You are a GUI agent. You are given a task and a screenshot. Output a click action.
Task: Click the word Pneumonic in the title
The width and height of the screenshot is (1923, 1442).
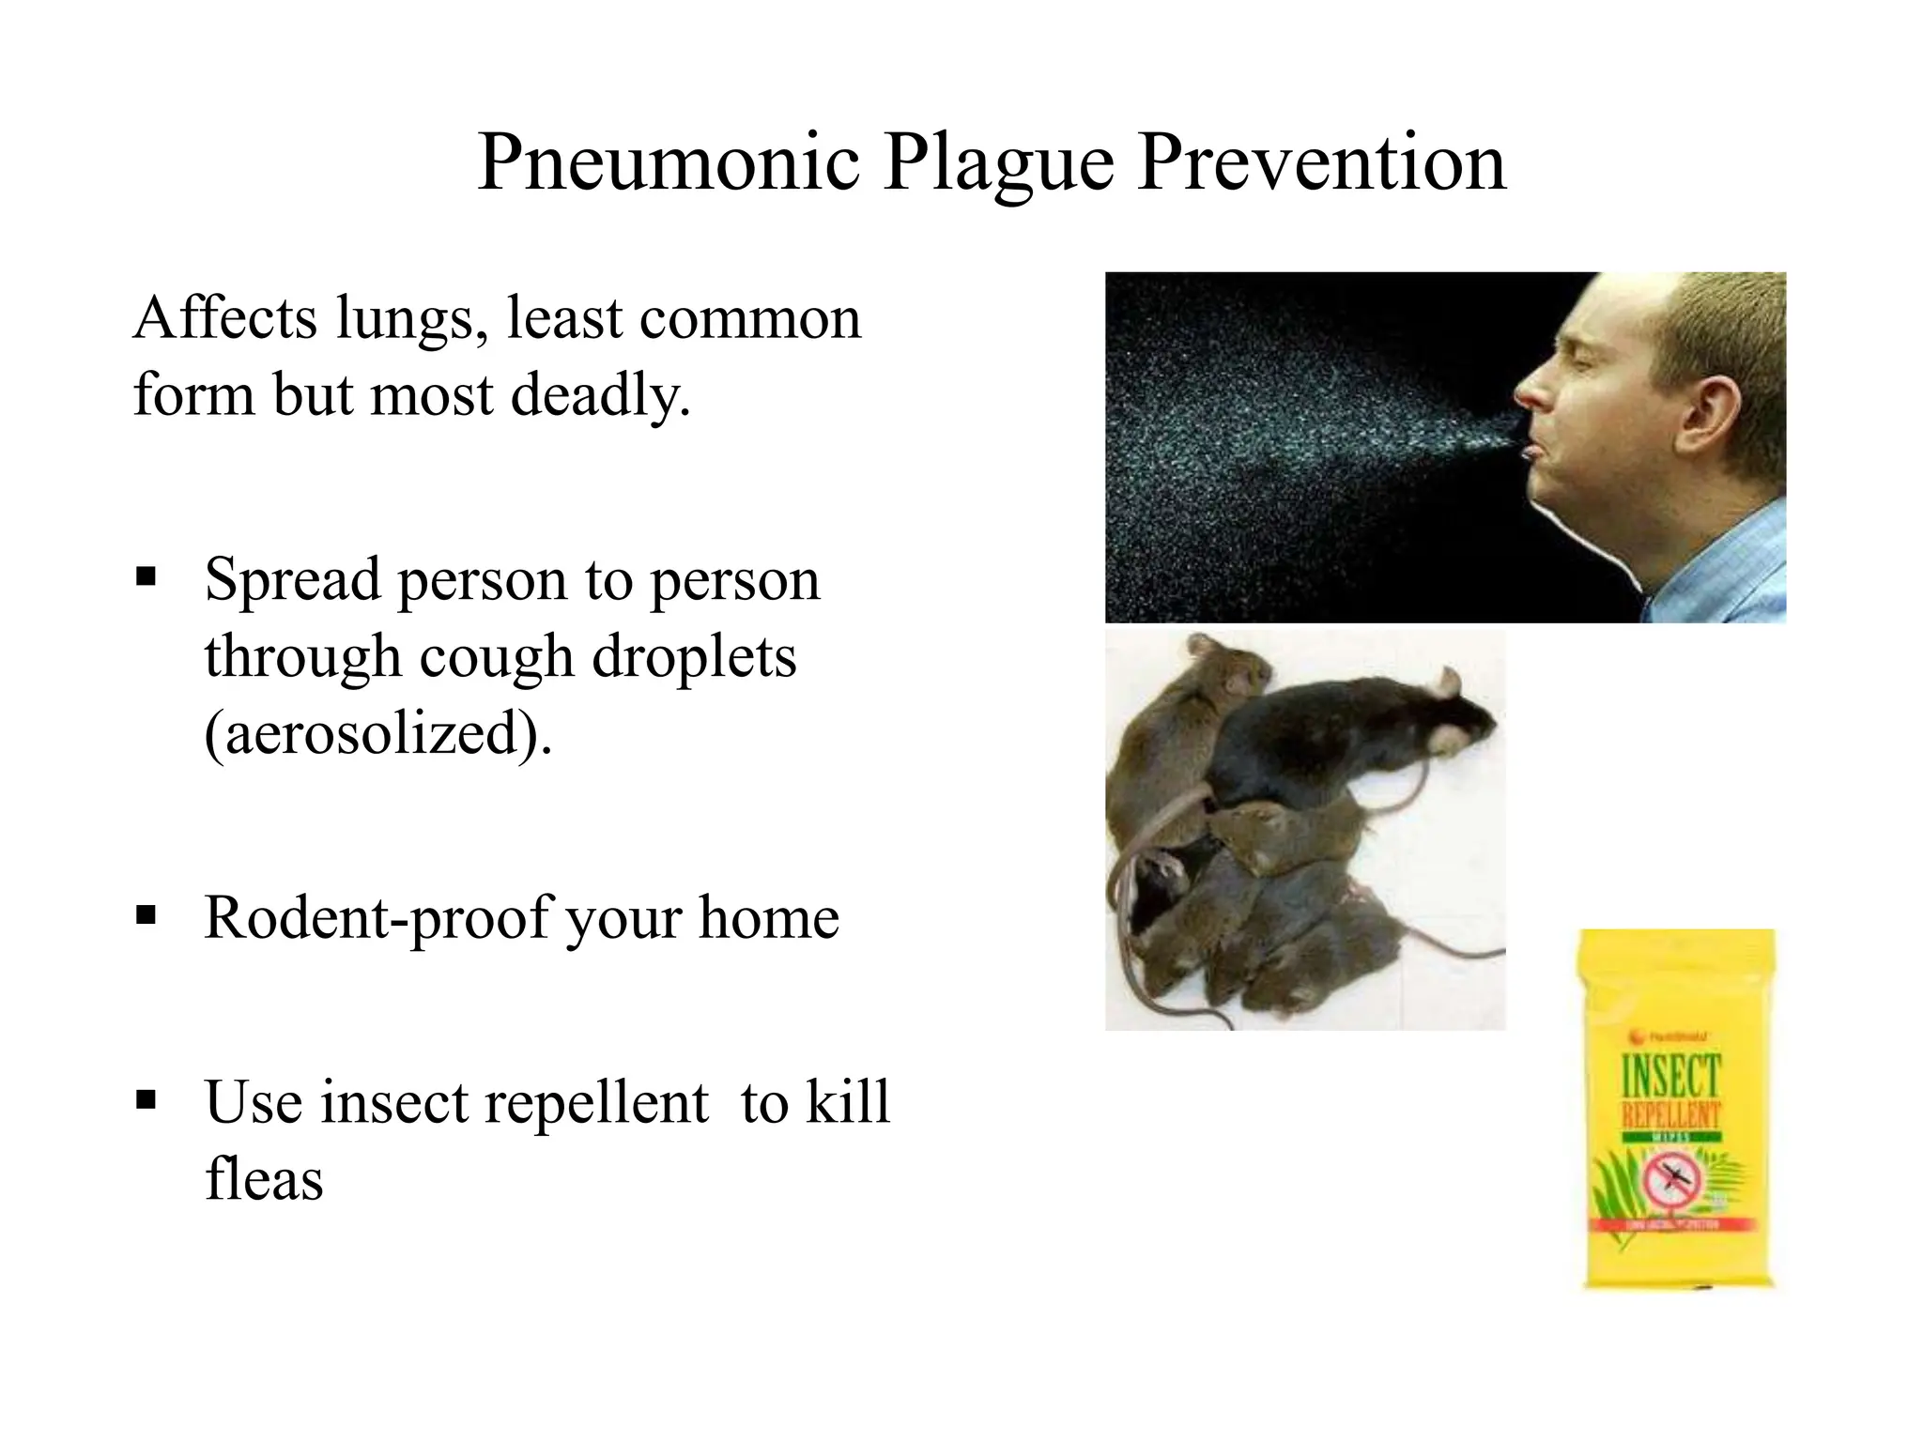[668, 163]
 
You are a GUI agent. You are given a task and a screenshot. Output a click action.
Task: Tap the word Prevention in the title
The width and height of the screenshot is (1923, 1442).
[1322, 163]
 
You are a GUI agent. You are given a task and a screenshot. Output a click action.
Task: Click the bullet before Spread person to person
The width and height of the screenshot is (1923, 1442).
[146, 575]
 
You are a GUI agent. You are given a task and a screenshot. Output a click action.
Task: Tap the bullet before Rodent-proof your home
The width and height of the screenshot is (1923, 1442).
[146, 913]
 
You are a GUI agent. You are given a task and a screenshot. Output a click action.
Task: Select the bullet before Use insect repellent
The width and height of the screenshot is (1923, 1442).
[146, 1098]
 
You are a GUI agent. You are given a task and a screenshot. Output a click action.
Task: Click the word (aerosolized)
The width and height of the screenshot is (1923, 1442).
[377, 733]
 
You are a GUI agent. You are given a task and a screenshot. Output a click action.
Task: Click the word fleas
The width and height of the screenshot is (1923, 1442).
[264, 1179]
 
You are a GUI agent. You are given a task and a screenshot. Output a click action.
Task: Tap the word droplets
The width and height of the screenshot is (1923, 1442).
[694, 656]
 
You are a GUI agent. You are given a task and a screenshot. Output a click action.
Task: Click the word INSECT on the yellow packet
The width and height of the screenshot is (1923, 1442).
[1671, 1076]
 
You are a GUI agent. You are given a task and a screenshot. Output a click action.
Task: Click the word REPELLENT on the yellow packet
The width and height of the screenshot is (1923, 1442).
[1671, 1115]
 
